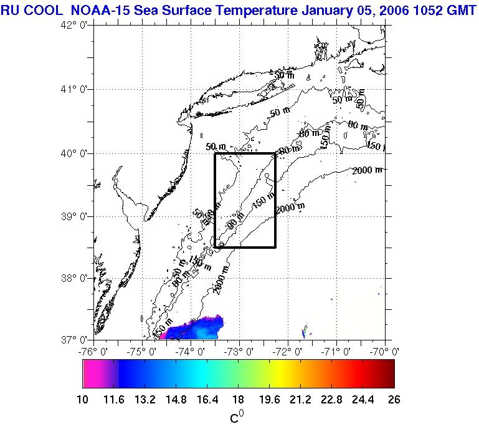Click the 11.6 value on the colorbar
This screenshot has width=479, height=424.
coord(120,400)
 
